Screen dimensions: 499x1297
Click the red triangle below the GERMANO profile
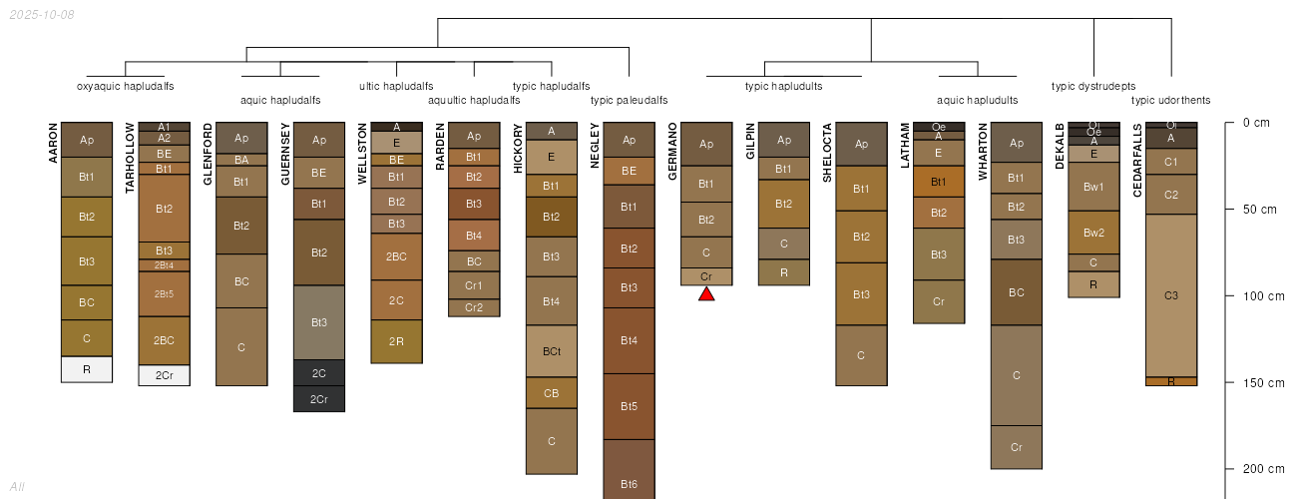706,293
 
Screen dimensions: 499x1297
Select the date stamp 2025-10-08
40,15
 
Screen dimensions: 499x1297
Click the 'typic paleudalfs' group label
629,100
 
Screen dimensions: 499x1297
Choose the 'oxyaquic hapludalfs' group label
126,86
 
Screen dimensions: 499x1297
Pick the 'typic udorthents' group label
1170,100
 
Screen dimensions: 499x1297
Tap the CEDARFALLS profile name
1138,160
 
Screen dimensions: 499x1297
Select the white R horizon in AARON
87,369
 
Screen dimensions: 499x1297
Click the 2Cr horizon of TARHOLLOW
164,375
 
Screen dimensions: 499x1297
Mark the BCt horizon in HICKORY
552,351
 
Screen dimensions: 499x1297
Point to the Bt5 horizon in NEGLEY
629,406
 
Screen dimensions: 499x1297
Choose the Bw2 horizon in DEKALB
1093,233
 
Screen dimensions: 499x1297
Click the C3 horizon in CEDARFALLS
1171,295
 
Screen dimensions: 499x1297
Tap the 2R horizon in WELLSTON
396,341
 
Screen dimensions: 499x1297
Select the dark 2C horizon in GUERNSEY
319,372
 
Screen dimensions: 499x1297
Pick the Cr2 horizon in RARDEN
474,307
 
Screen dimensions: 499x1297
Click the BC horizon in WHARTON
1017,292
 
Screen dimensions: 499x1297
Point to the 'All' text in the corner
17,487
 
